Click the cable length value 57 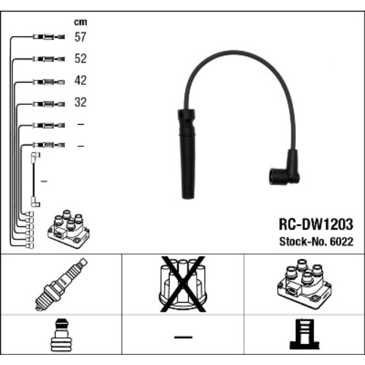(80, 38)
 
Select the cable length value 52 (80, 59)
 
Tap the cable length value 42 (80, 81)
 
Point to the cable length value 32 (80, 103)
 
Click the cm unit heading (80, 22)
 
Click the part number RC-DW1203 (316, 225)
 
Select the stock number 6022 (341, 242)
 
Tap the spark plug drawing (61, 284)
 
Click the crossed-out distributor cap (182, 284)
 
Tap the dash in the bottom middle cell (182, 337)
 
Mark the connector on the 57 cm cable (49, 38)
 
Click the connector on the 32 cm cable (49, 103)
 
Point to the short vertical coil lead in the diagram (35, 179)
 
